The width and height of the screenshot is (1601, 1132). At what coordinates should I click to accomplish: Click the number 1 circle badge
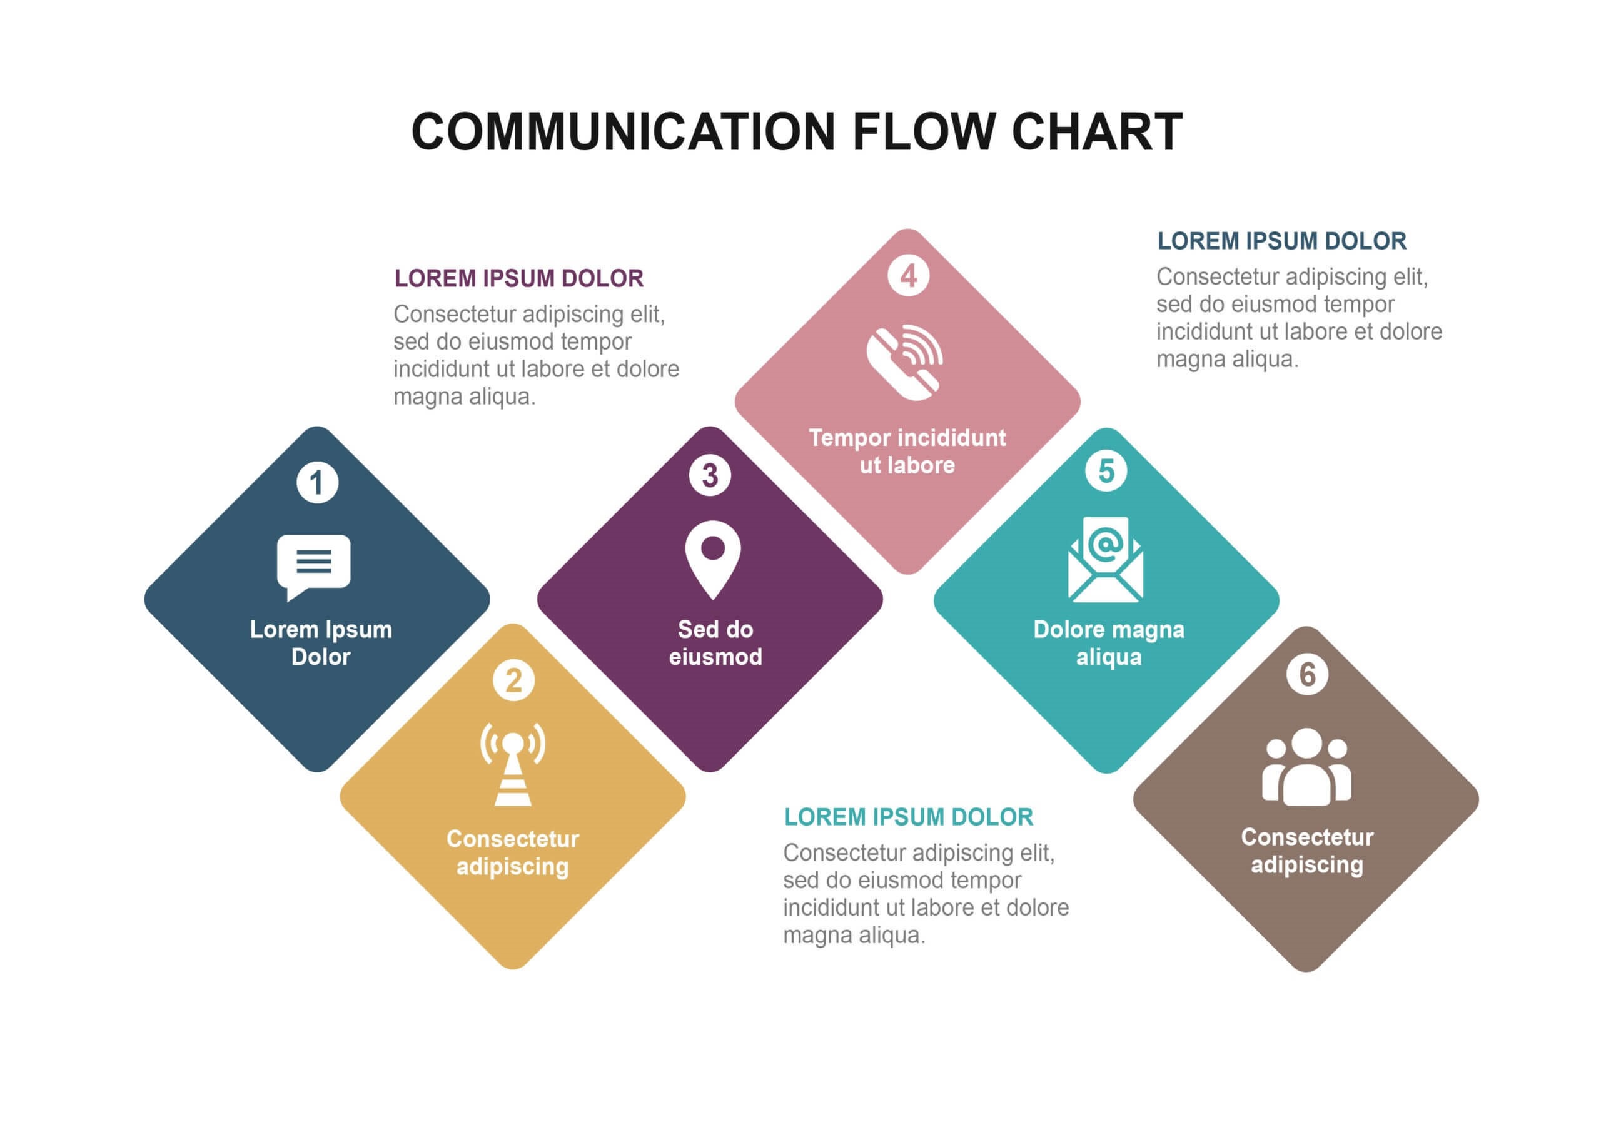tap(317, 482)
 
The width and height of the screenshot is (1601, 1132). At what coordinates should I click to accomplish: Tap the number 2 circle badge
tap(513, 680)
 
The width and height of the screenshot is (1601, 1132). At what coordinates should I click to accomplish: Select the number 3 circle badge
tap(710, 476)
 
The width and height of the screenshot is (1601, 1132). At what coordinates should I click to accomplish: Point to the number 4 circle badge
tap(908, 276)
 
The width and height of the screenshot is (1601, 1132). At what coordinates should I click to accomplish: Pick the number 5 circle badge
tap(1106, 471)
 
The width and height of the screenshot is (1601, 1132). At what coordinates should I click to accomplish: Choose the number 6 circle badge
tap(1306, 674)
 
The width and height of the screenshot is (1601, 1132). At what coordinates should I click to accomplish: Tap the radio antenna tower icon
tap(513, 764)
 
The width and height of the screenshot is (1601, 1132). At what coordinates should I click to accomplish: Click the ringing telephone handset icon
tap(905, 362)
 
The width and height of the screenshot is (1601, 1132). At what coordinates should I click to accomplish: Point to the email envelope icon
tap(1106, 558)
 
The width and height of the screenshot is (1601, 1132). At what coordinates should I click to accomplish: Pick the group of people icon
tap(1306, 767)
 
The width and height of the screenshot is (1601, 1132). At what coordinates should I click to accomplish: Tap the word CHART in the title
tap(1097, 131)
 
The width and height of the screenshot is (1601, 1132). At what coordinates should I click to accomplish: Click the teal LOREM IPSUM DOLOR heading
tap(908, 817)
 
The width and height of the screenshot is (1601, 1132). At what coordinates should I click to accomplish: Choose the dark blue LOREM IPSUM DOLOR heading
tap(1281, 241)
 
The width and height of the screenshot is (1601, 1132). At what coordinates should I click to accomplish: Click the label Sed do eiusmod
tap(715, 642)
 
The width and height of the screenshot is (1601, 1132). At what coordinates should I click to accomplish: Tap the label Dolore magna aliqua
tap(1109, 642)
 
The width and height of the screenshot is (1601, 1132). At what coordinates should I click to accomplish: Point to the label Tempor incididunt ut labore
tap(907, 452)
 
